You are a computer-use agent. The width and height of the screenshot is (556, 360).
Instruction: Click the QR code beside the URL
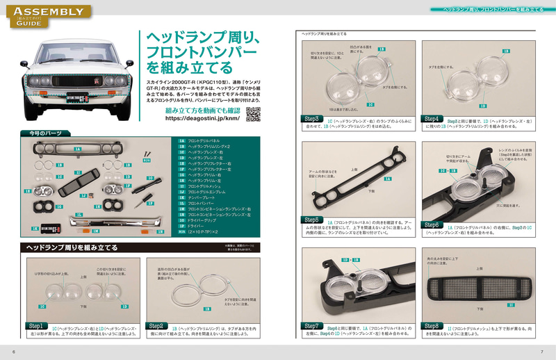254,114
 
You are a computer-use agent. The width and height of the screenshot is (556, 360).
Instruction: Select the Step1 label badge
36,325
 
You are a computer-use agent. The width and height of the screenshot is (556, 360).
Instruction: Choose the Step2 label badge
157,325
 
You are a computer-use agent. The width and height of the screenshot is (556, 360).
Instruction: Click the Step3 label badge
311,119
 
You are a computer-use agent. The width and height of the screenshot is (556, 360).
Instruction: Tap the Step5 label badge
311,220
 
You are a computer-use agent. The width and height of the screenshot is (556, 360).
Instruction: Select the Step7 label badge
311,325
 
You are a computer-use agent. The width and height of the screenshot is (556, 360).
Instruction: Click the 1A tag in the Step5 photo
387,179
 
